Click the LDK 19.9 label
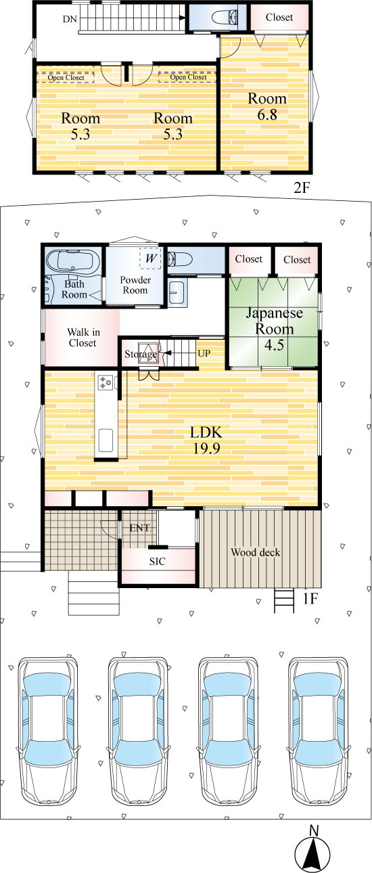[206, 440]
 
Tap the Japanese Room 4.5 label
[274, 329]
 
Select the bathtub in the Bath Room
[73, 261]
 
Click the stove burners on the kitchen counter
[106, 382]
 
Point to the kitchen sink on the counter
[106, 440]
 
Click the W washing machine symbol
[150, 258]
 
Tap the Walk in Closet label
[83, 338]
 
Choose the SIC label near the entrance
[158, 561]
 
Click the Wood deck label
[256, 552]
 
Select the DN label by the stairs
[70, 19]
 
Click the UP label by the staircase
[204, 353]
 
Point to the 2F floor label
[302, 188]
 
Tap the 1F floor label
[310, 599]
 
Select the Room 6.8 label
[267, 106]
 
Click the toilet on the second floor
[225, 17]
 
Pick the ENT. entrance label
[140, 528]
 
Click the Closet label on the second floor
[279, 17]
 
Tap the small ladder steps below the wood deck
[284, 600]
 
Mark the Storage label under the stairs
[141, 354]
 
